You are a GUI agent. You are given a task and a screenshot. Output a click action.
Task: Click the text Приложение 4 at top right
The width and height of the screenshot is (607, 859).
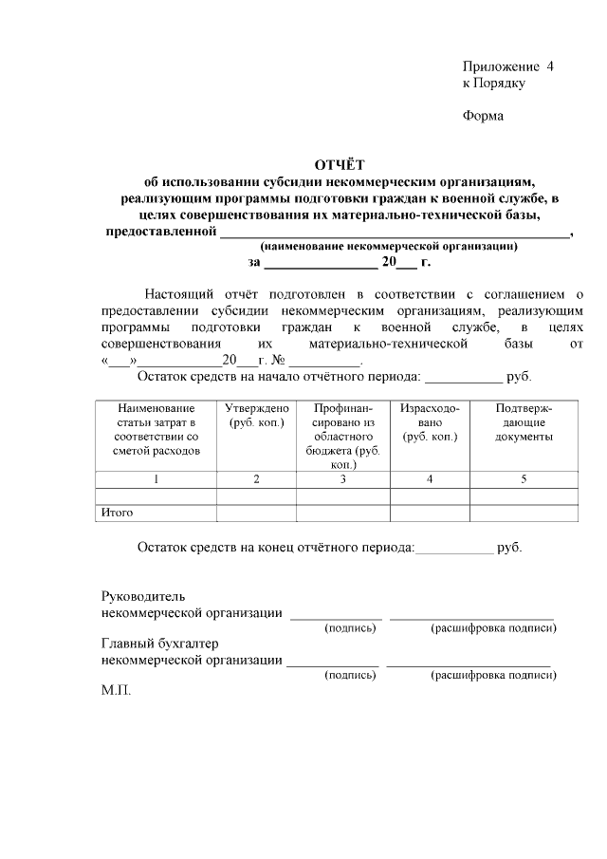click(x=507, y=66)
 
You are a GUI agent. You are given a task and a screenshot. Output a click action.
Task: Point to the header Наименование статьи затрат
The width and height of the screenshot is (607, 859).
click(x=156, y=429)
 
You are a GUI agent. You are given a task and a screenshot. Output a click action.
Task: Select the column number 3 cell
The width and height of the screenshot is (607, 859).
click(x=343, y=479)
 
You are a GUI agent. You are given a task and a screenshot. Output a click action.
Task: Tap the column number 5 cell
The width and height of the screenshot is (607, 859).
click(x=523, y=479)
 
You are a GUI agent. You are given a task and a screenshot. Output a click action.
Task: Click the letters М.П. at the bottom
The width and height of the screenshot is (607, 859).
click(x=115, y=690)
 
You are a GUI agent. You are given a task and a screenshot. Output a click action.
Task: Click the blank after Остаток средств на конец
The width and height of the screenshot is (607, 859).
click(x=454, y=548)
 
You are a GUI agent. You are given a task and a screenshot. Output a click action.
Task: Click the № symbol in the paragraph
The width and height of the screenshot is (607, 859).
click(x=279, y=362)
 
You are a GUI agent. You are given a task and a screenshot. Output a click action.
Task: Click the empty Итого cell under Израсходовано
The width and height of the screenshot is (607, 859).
click(x=430, y=513)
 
